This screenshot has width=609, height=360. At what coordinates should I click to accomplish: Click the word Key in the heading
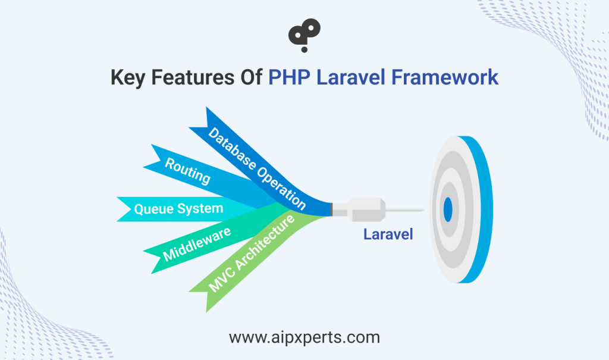pyautogui.click(x=127, y=77)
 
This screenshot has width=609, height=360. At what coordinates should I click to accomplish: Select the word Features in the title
pyautogui.click(x=193, y=77)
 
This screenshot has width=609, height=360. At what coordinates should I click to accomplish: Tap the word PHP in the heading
pyautogui.click(x=290, y=77)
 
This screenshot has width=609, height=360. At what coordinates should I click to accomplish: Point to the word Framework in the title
pyautogui.click(x=445, y=77)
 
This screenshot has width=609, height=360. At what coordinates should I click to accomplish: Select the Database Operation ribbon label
pyautogui.click(x=257, y=168)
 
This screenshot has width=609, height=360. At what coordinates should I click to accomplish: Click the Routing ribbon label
pyautogui.click(x=187, y=170)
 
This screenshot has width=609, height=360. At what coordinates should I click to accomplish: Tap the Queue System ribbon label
pyautogui.click(x=178, y=209)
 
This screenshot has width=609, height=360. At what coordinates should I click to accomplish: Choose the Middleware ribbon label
pyautogui.click(x=197, y=244)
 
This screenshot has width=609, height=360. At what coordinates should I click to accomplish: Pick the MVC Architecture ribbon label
pyautogui.click(x=252, y=253)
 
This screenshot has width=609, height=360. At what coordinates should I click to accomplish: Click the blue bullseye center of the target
pyautogui.click(x=448, y=209)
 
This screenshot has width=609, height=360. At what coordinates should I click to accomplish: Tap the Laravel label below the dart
pyautogui.click(x=388, y=234)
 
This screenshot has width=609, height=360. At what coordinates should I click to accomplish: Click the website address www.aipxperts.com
pyautogui.click(x=304, y=337)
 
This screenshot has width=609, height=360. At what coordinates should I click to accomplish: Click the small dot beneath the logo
pyautogui.click(x=304, y=49)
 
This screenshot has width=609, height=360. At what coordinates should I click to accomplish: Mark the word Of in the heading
pyautogui.click(x=252, y=77)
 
